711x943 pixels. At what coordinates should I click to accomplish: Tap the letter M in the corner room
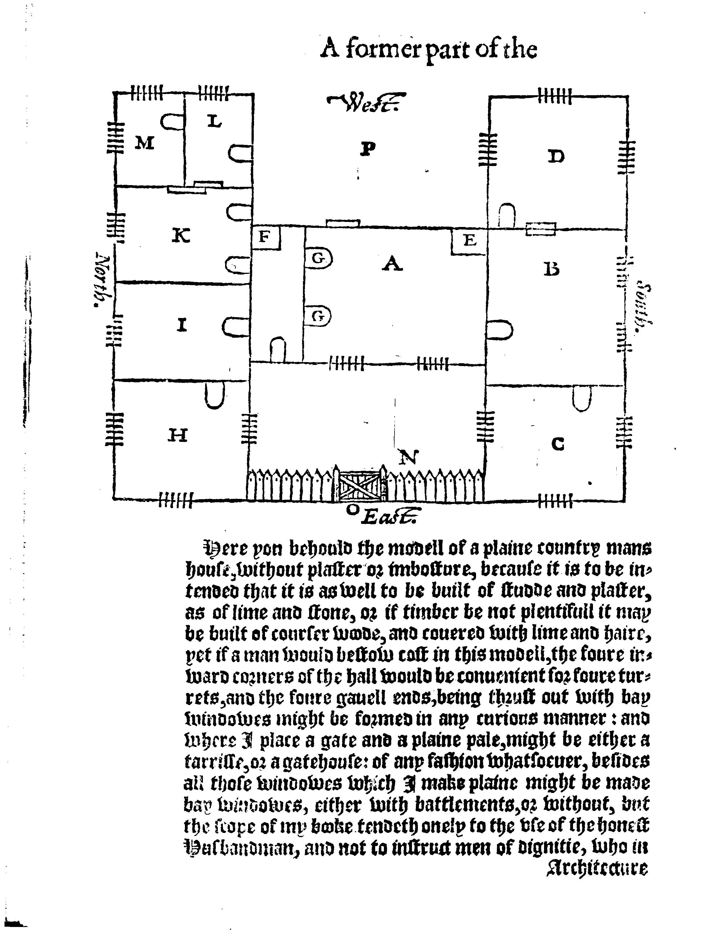coord(144,143)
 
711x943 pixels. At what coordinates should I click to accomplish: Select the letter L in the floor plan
coord(214,122)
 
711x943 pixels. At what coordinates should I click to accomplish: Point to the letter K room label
coord(181,236)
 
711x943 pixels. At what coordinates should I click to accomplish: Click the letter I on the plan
coord(182,326)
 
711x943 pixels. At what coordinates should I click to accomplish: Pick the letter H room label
coord(177,435)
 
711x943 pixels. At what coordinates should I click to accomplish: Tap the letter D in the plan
coord(556,157)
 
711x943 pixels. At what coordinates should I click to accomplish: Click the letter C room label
coord(558,445)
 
